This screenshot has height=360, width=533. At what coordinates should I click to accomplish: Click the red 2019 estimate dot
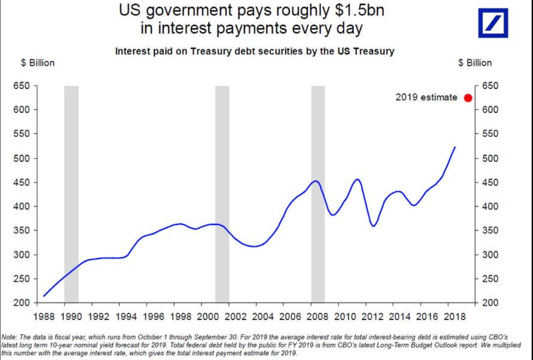(x=468, y=98)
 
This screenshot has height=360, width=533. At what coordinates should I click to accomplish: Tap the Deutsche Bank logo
(x=493, y=23)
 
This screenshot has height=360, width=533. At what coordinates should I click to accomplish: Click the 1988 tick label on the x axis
(x=44, y=316)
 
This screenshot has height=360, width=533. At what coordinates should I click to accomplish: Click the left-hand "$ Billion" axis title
(x=38, y=63)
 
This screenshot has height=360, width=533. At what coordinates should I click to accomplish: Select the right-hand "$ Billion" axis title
(x=475, y=63)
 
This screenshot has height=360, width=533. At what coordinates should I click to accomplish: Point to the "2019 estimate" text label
(x=426, y=98)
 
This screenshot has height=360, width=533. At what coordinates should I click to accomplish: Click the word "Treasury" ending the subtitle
(x=373, y=51)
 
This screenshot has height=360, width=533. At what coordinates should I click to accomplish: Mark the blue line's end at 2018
(x=455, y=147)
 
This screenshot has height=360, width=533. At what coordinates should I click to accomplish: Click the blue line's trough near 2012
(x=374, y=226)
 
